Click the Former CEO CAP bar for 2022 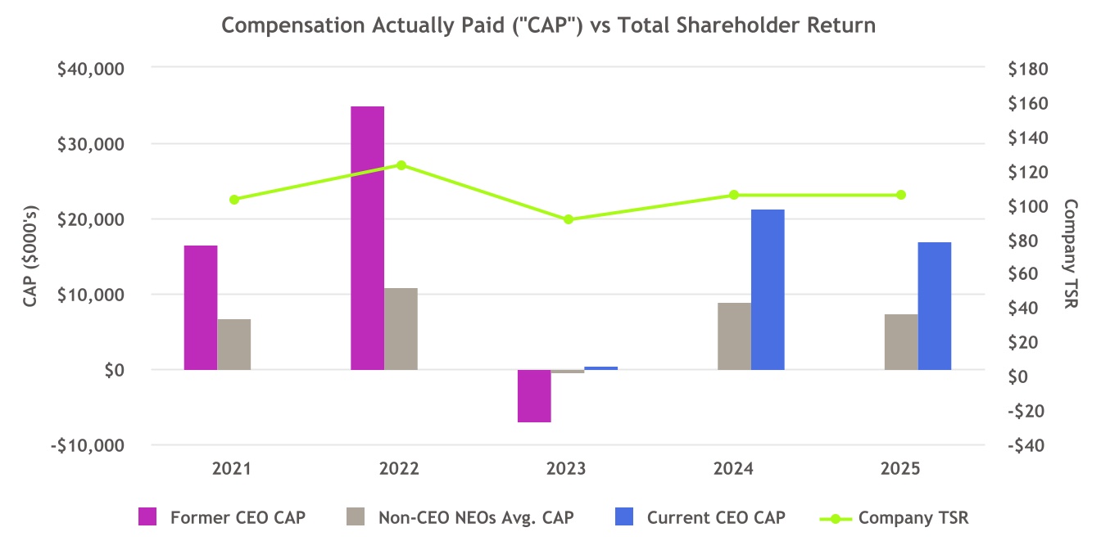[x=368, y=237]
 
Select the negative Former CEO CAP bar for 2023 [x=534, y=396]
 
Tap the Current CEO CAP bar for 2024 [x=768, y=290]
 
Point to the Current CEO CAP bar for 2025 [x=935, y=306]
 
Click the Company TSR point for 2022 [x=401, y=165]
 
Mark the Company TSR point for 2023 [x=568, y=219]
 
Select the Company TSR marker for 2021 [x=234, y=200]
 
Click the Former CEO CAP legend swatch [x=148, y=517]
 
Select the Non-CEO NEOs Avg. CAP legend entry [x=476, y=517]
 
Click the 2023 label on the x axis [x=567, y=470]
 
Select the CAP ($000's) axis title [x=31, y=256]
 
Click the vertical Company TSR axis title [x=1071, y=255]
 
